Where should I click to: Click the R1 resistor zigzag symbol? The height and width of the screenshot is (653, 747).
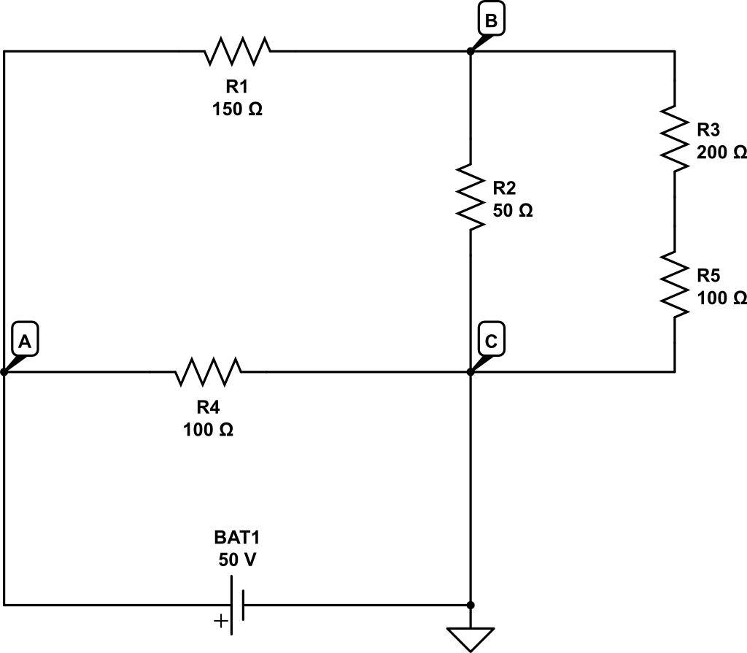[x=238, y=51]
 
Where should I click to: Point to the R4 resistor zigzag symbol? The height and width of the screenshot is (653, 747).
[x=209, y=372]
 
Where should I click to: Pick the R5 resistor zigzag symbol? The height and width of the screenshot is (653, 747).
[x=674, y=285]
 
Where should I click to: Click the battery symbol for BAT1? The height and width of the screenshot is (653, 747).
[x=237, y=605]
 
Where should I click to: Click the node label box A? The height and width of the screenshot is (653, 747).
[x=26, y=341]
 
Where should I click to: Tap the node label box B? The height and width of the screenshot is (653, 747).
[x=491, y=21]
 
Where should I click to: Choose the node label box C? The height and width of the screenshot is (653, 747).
[x=491, y=341]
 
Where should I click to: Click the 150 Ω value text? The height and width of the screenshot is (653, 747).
[x=237, y=110]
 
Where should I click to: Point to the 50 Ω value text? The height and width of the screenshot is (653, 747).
[x=513, y=211]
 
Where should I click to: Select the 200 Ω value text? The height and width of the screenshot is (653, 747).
[x=721, y=152]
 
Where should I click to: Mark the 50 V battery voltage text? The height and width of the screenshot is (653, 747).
[x=237, y=560]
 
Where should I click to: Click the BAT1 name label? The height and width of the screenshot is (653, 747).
[x=237, y=538]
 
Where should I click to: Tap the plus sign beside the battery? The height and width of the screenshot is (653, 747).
[x=220, y=622]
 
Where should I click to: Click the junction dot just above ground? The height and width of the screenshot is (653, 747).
[x=471, y=605]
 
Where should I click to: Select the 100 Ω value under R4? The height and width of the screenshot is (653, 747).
[x=209, y=430]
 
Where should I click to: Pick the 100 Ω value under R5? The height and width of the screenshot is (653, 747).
[x=721, y=298]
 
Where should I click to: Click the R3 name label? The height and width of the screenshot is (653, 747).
[x=708, y=130]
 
